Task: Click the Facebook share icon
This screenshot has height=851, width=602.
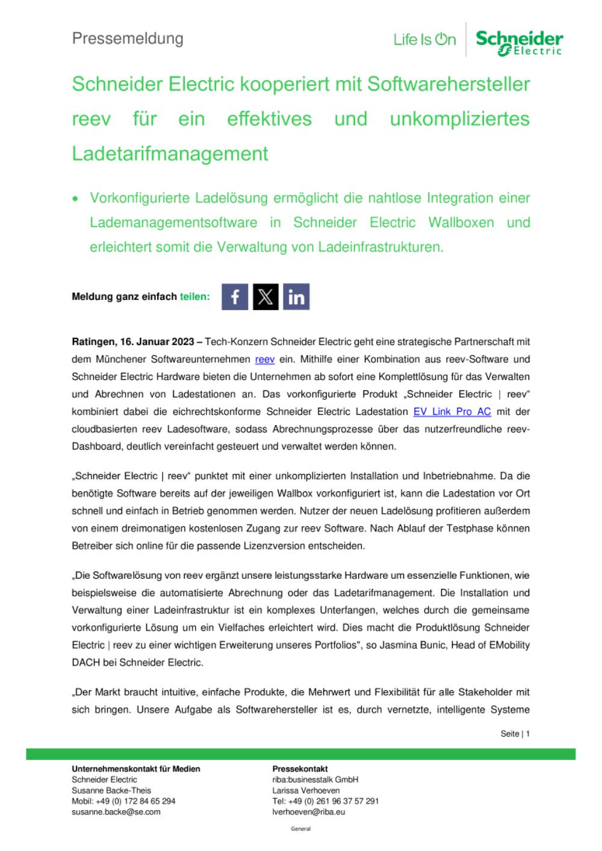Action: coord(235,296)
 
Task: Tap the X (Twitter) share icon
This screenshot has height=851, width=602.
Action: coord(265,296)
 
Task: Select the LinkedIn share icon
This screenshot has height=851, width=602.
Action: coord(296,296)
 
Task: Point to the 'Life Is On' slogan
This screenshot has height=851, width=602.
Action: coord(424,40)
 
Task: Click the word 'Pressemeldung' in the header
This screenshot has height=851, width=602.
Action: coord(128,39)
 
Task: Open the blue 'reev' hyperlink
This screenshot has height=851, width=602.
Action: coord(265,360)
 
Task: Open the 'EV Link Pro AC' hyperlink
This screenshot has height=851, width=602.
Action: coord(452,412)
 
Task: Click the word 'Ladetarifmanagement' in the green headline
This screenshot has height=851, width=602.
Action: coord(170,154)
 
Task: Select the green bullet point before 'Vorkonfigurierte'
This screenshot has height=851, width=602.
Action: coord(76,198)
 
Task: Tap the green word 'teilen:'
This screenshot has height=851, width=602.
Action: coord(194,296)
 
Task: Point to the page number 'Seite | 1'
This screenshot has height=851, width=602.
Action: coord(515,734)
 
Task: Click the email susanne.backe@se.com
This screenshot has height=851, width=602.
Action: coord(116,812)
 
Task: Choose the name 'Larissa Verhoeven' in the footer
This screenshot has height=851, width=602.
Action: coord(306,790)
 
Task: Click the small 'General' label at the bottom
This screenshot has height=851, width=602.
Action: coord(300,829)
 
